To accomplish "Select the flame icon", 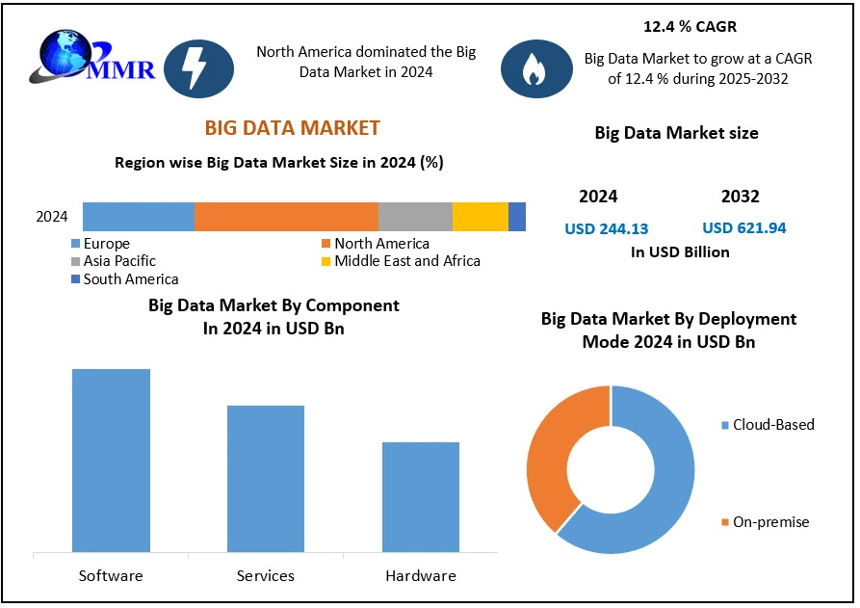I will pyautogui.click(x=532, y=69).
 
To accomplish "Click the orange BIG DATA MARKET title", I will pyautogui.click(x=292, y=128).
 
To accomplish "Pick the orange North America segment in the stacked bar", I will pyautogui.click(x=286, y=217).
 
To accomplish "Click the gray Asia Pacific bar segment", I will pyautogui.click(x=415, y=217).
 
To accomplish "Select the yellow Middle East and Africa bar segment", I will pyautogui.click(x=480, y=217).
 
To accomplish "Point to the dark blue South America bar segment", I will pyautogui.click(x=517, y=217).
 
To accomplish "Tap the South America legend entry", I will pyautogui.click(x=124, y=279).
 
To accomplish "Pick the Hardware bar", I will pyautogui.click(x=421, y=497).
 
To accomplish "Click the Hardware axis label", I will pyautogui.click(x=421, y=576).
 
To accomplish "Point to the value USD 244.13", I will pyautogui.click(x=607, y=229).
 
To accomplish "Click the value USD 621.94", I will pyautogui.click(x=744, y=228).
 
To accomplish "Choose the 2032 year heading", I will pyautogui.click(x=740, y=197).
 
